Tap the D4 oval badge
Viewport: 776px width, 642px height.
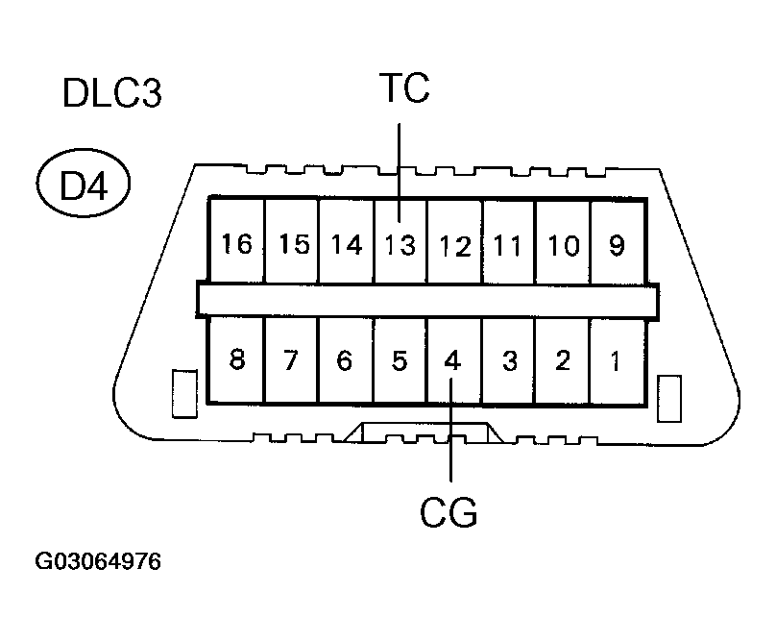pyautogui.click(x=85, y=185)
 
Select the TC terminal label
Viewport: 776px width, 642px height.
pyautogui.click(x=403, y=88)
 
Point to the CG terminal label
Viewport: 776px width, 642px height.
pyautogui.click(x=449, y=512)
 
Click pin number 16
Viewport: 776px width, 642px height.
pyautogui.click(x=236, y=245)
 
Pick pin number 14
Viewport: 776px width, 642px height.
pyautogui.click(x=346, y=245)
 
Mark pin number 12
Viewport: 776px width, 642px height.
pyautogui.click(x=454, y=246)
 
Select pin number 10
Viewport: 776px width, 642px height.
pyautogui.click(x=563, y=246)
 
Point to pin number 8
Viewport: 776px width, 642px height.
pyautogui.click(x=236, y=361)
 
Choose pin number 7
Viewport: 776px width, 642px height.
pyautogui.click(x=292, y=361)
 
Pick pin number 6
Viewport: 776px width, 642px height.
pyautogui.click(x=346, y=361)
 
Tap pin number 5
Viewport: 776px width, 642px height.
pyautogui.click(x=400, y=361)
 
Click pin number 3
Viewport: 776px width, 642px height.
pyautogui.click(x=509, y=361)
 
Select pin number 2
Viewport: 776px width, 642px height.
pyautogui.click(x=563, y=361)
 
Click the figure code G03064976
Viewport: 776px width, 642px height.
pyautogui.click(x=99, y=560)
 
